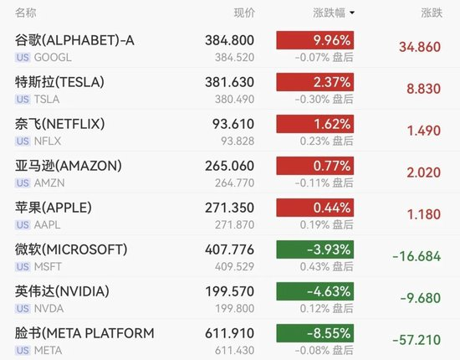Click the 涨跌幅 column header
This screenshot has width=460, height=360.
(329, 13)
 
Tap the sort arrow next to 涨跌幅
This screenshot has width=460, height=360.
(352, 13)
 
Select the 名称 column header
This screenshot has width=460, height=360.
(26, 13)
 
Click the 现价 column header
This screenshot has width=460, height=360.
(244, 13)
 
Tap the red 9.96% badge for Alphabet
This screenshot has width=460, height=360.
(314, 40)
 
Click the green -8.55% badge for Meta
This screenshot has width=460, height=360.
(314, 333)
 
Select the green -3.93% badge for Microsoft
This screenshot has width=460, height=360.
(314, 249)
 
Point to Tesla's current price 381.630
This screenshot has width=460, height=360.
(229, 82)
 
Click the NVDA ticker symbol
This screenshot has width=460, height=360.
(49, 309)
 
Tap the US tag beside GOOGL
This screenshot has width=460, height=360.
(23, 57)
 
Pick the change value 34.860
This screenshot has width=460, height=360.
(420, 47)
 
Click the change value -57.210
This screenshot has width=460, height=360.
(417, 340)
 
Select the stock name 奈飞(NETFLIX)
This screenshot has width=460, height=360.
(60, 124)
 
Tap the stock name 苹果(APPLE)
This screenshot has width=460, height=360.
(54, 208)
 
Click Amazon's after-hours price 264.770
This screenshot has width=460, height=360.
(234, 183)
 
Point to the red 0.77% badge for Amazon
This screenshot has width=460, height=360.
(314, 166)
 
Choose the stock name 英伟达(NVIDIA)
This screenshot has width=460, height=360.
(62, 291)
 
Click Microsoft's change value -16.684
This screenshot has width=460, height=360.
(417, 256)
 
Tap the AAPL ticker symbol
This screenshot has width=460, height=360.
(47, 225)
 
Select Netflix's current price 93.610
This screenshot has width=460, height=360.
(233, 124)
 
